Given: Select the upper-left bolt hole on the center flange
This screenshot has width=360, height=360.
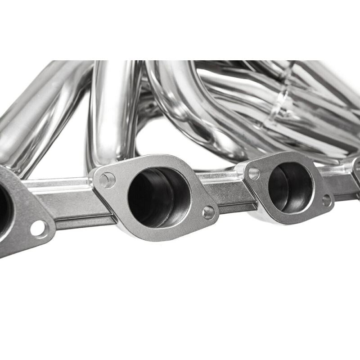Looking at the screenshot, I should [x=107, y=180].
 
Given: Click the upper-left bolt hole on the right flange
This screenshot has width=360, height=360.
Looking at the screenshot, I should [x=254, y=173].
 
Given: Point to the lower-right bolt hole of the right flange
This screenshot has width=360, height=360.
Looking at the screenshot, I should [x=327, y=200].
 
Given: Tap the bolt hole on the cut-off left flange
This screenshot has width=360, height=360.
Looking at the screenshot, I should [x=38, y=229].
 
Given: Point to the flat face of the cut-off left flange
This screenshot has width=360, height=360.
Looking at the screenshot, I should [x=18, y=234].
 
